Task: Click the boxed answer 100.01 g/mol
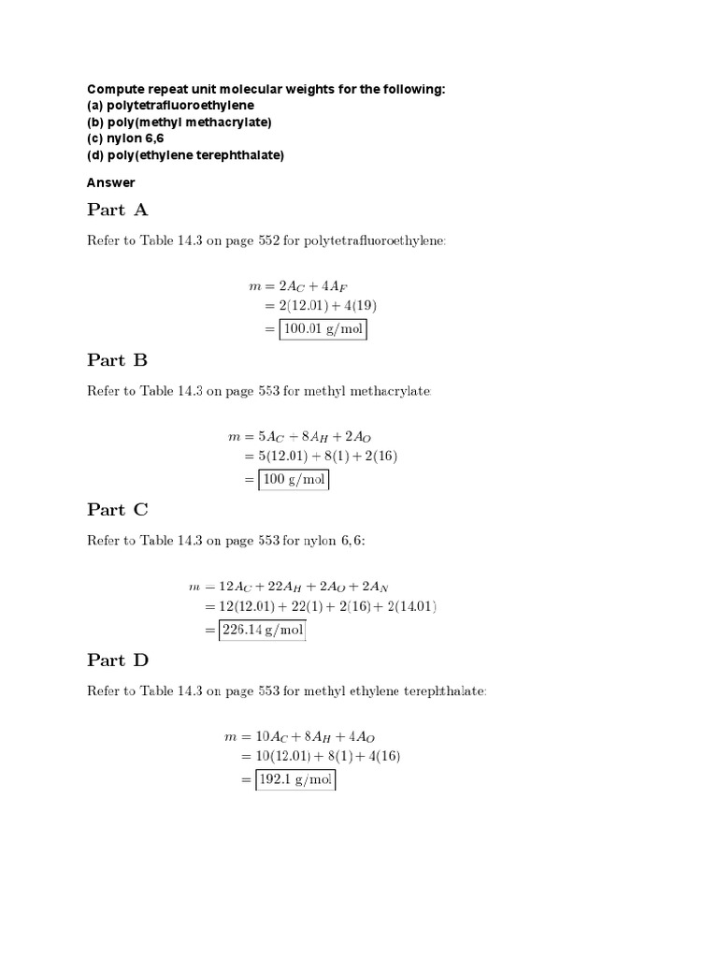click(x=323, y=329)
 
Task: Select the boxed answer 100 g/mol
click(x=294, y=480)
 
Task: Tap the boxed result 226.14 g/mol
click(x=262, y=631)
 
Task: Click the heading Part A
click(x=118, y=210)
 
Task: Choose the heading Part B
click(x=118, y=360)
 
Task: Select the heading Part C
click(x=118, y=510)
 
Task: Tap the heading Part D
click(x=118, y=660)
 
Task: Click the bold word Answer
click(x=111, y=182)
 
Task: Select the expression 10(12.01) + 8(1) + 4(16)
click(x=328, y=756)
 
